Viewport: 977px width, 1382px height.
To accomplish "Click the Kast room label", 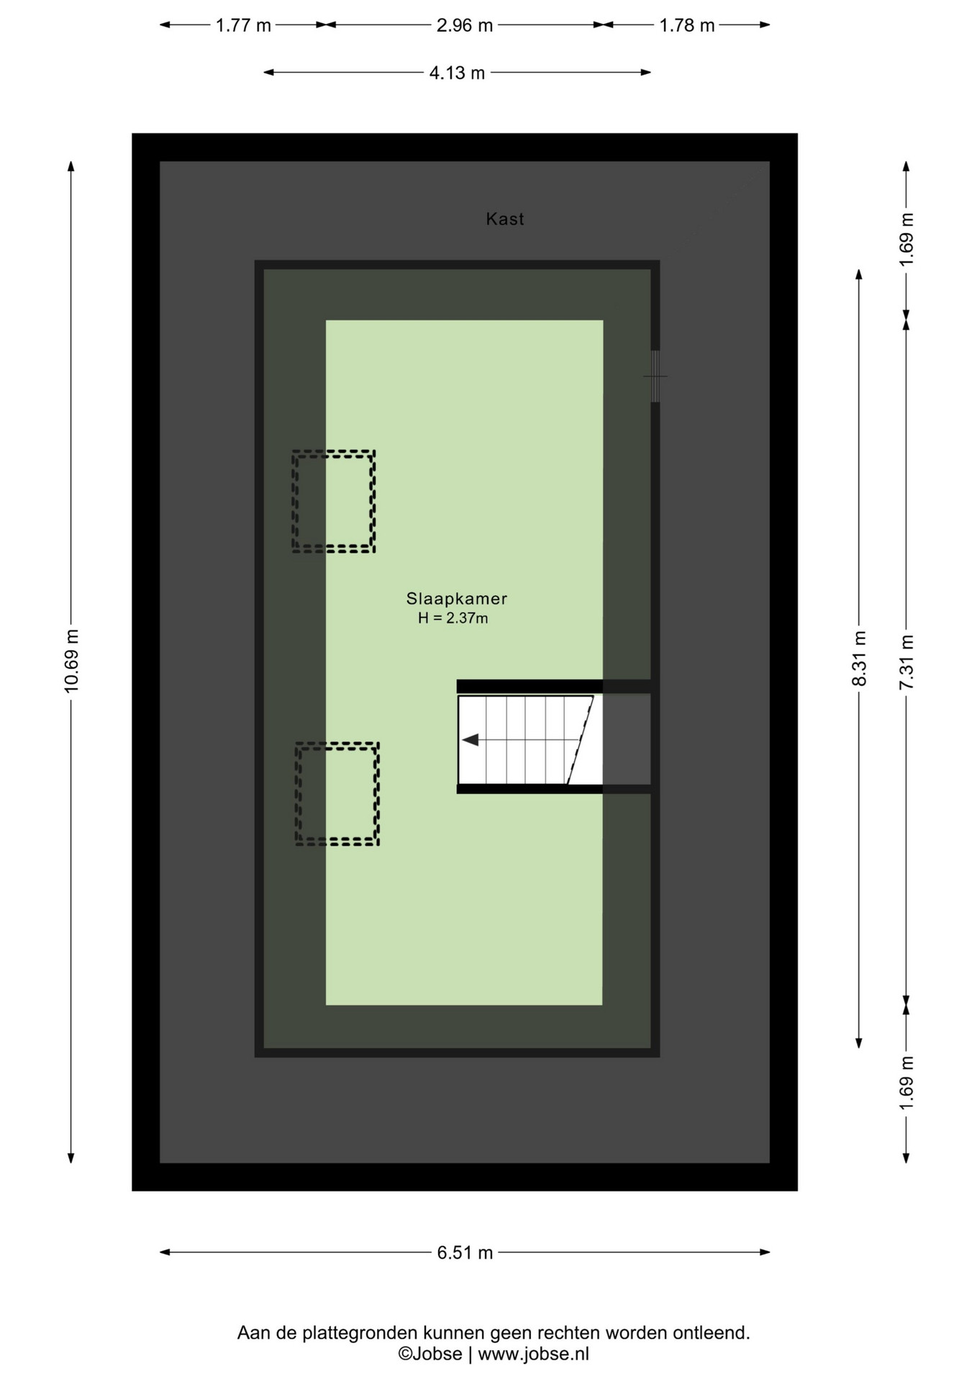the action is pyautogui.click(x=504, y=219).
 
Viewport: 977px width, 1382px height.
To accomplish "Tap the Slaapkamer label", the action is pyautogui.click(x=457, y=598).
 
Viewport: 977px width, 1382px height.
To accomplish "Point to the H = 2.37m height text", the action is pyautogui.click(x=453, y=618).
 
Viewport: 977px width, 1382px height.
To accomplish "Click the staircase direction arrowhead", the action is pyautogui.click(x=471, y=740).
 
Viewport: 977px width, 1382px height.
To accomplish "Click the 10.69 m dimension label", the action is pyautogui.click(x=71, y=660).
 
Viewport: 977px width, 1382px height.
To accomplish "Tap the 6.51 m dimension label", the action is pyautogui.click(x=465, y=1252).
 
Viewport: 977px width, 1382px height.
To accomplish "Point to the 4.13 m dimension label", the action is pyautogui.click(x=457, y=73).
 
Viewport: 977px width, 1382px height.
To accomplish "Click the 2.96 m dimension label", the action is pyautogui.click(x=465, y=25).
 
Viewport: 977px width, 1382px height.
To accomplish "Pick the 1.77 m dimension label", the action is pyautogui.click(x=243, y=25).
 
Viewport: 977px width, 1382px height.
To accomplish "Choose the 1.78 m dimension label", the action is pyautogui.click(x=687, y=25).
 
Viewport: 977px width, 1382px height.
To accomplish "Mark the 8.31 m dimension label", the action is pyautogui.click(x=859, y=659).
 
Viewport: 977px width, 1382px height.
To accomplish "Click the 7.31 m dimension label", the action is pyautogui.click(x=906, y=662).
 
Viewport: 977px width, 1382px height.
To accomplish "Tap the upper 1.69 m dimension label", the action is pyautogui.click(x=906, y=240).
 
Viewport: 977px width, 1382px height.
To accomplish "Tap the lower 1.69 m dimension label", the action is pyautogui.click(x=906, y=1083).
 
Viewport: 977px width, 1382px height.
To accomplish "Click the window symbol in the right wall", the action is pyautogui.click(x=655, y=376).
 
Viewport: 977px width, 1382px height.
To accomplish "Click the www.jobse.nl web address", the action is pyautogui.click(x=533, y=1354).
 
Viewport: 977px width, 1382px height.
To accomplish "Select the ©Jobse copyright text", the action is pyautogui.click(x=430, y=1354).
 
